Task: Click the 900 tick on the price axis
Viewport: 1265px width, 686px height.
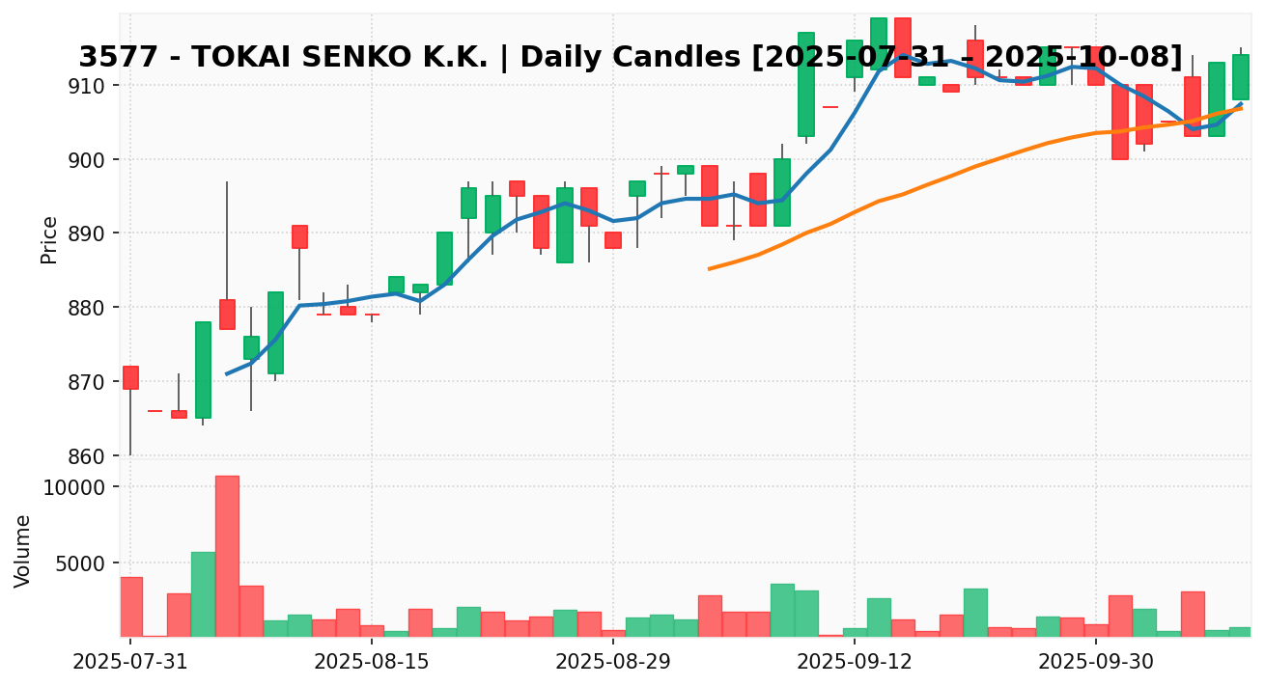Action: [92, 159]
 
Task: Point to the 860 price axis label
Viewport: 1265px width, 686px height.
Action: [92, 456]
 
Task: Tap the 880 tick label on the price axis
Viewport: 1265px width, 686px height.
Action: [92, 308]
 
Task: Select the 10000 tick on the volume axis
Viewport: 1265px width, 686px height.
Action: [82, 487]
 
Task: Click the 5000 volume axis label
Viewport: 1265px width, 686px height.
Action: [87, 563]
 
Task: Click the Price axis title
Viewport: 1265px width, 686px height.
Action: [49, 239]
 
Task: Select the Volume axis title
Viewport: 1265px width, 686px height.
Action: [23, 551]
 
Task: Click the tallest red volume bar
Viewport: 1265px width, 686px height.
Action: [227, 556]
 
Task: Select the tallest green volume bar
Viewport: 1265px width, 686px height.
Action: [203, 593]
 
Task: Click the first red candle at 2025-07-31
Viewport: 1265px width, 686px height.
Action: [130, 377]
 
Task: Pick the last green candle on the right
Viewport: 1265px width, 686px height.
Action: [1241, 77]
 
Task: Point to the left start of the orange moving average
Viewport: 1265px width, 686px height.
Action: [709, 268]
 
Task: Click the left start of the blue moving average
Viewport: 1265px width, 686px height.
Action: [227, 373]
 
